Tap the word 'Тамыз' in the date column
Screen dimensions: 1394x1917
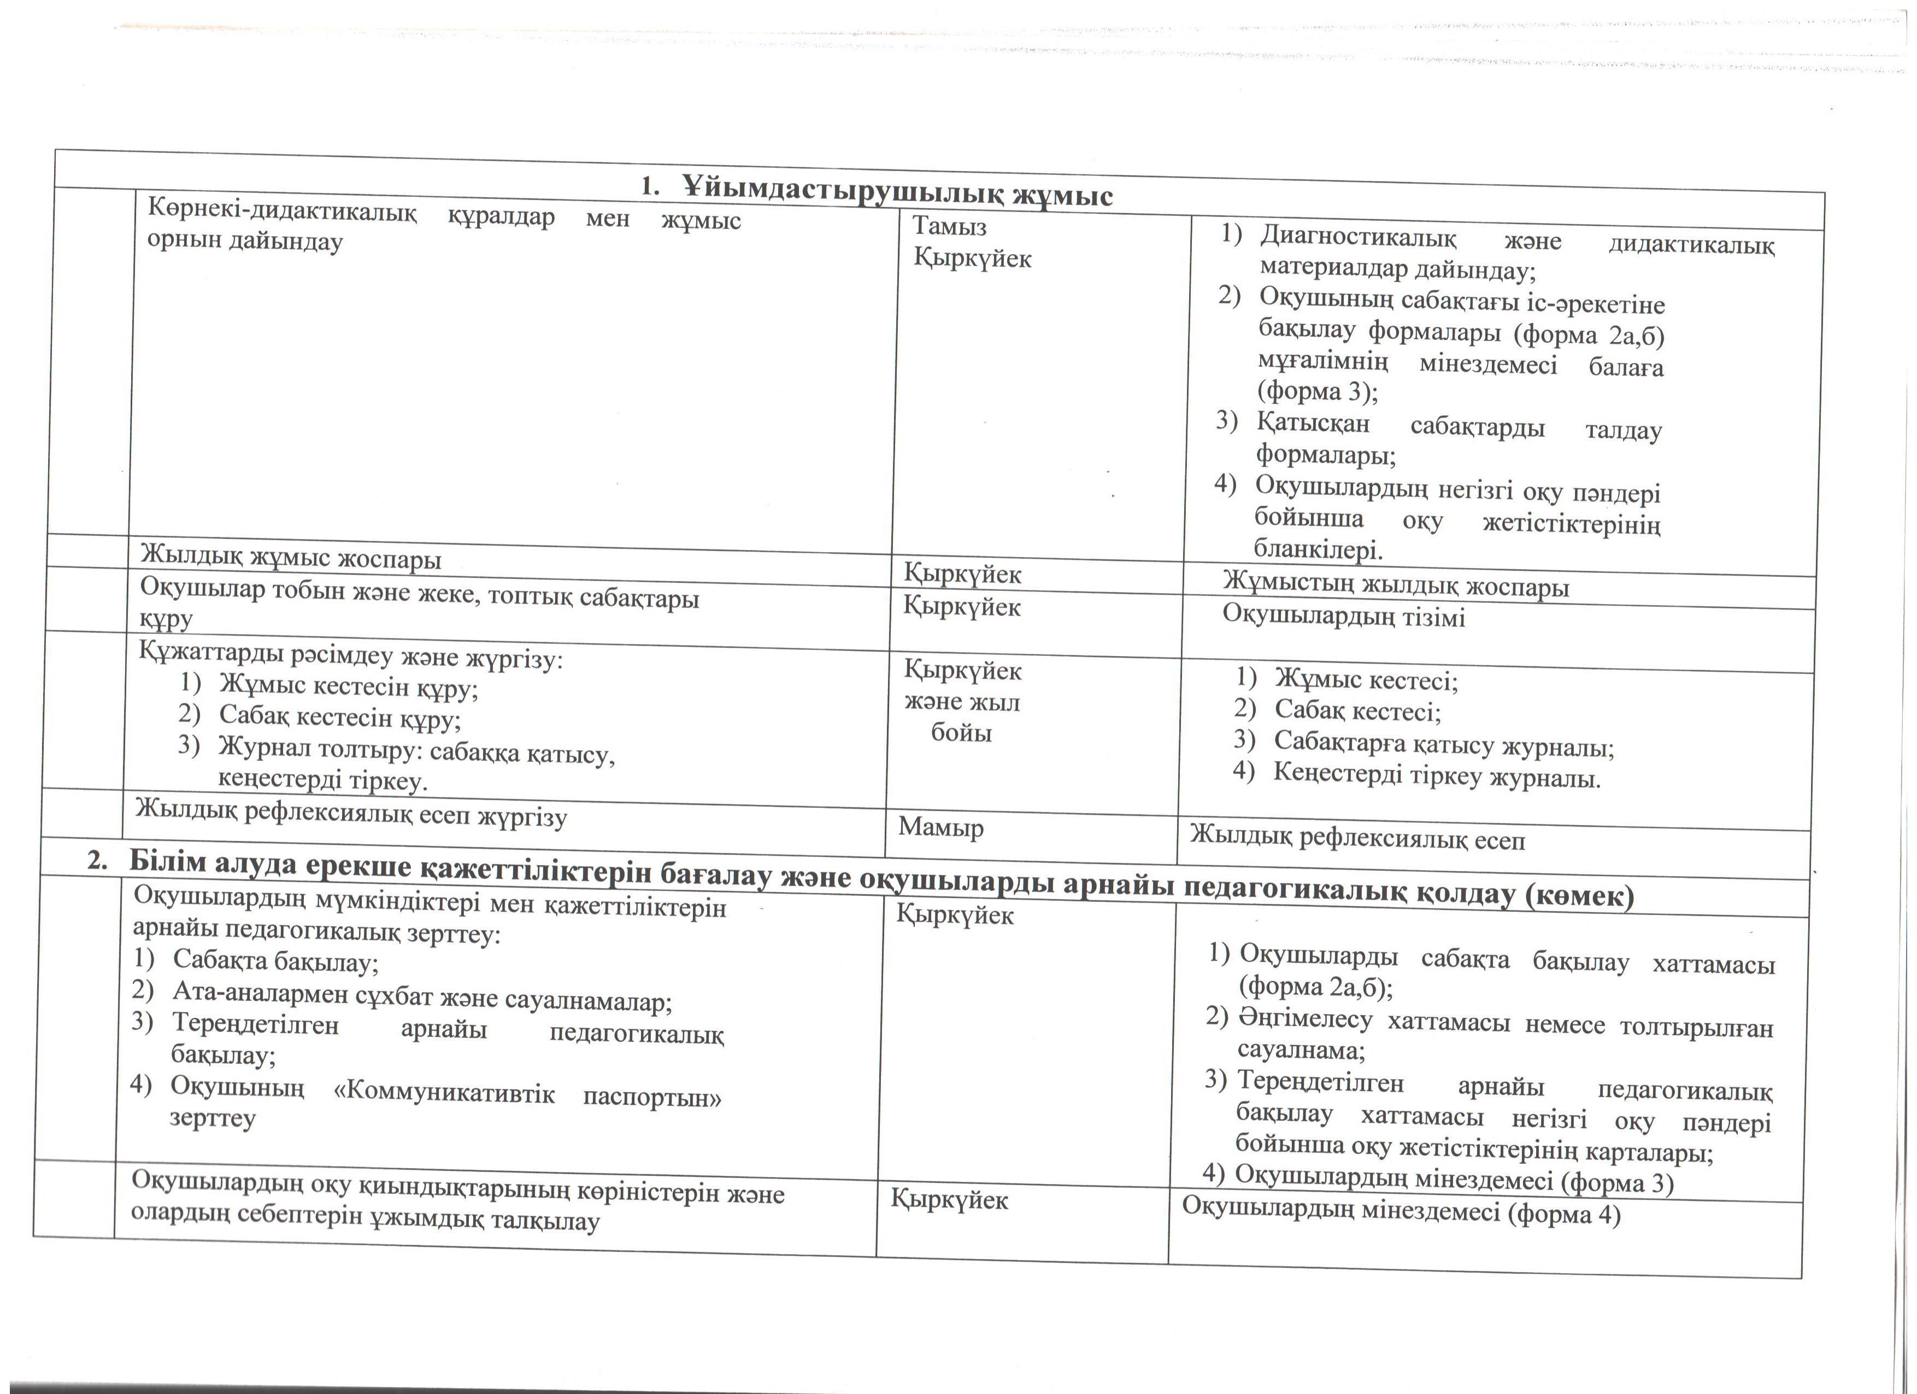coord(949,226)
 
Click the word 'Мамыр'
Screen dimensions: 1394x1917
coord(941,826)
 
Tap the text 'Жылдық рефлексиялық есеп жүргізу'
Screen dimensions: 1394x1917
coord(351,813)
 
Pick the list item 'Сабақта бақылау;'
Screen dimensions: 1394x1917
coord(275,961)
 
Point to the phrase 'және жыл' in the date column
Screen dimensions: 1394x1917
coord(962,702)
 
